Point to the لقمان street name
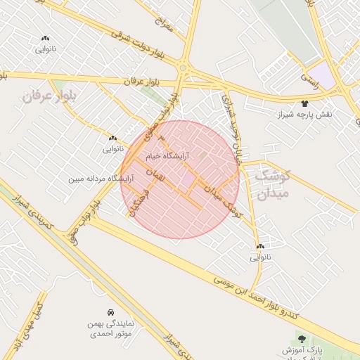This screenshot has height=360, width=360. [157, 175]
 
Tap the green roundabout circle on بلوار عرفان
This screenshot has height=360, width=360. [184, 68]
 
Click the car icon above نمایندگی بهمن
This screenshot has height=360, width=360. [111, 311]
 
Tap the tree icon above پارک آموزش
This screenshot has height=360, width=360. [302, 340]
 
